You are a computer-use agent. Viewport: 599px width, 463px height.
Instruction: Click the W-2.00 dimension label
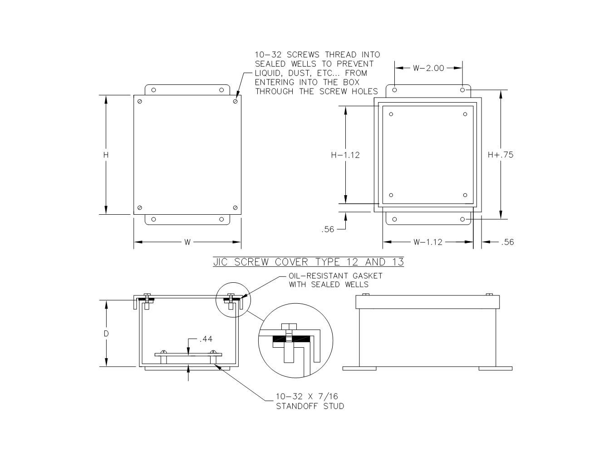point(428,68)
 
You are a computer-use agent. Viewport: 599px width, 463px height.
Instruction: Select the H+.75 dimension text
point(501,155)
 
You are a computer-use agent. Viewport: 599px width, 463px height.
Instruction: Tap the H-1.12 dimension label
point(345,155)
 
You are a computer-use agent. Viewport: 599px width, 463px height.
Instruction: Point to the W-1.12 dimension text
point(427,242)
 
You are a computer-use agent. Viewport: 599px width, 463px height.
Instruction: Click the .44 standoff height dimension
point(206,339)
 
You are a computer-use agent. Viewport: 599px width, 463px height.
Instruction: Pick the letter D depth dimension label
point(106,334)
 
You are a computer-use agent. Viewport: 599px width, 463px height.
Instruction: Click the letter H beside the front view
point(106,155)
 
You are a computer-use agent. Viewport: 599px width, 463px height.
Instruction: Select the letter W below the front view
point(187,242)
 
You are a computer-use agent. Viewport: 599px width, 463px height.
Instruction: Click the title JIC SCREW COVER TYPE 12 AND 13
point(309,262)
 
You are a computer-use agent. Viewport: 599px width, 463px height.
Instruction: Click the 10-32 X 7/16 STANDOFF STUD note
point(310,401)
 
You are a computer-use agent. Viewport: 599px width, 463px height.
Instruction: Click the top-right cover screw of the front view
point(235,101)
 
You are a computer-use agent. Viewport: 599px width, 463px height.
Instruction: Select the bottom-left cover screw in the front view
point(140,208)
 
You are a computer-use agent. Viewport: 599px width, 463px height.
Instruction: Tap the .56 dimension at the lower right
point(507,242)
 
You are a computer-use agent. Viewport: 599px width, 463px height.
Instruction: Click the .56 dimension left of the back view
point(327,229)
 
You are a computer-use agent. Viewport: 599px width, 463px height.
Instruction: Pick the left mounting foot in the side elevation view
point(359,369)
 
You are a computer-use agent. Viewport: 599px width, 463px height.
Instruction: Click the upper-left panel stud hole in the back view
point(391,114)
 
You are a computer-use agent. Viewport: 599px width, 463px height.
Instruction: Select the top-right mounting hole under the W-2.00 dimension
point(462,90)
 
